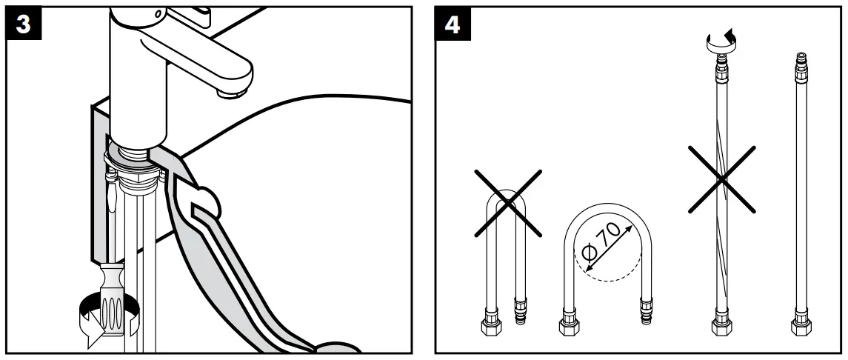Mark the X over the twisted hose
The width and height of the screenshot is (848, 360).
(723, 177)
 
